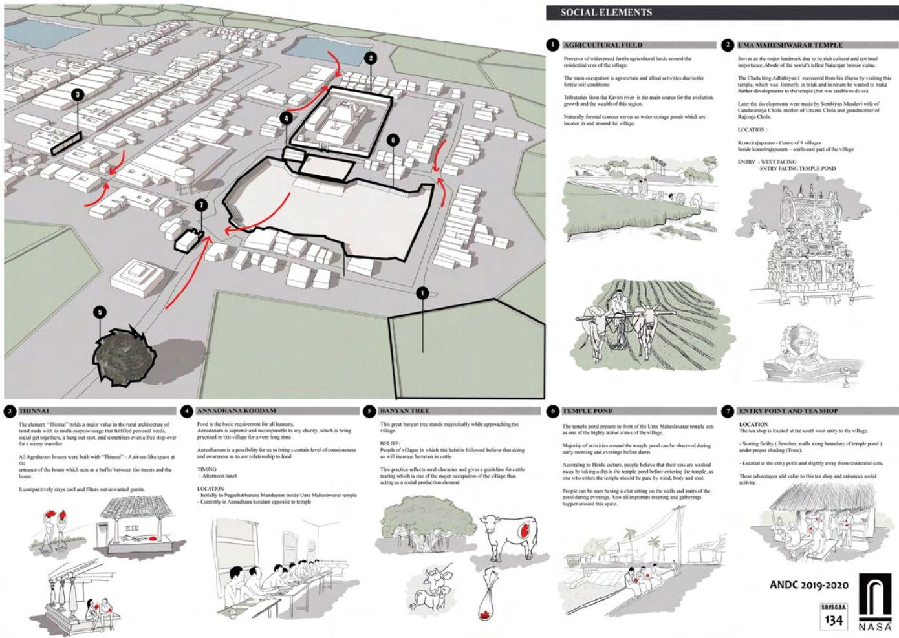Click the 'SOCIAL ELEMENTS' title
(606, 12)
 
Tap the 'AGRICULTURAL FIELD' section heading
(602, 45)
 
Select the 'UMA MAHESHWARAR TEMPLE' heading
(789, 45)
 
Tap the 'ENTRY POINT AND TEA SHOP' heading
(787, 410)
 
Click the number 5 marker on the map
(99, 312)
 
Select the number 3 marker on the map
(78, 95)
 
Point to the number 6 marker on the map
(392, 140)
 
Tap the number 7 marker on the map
(201, 206)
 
